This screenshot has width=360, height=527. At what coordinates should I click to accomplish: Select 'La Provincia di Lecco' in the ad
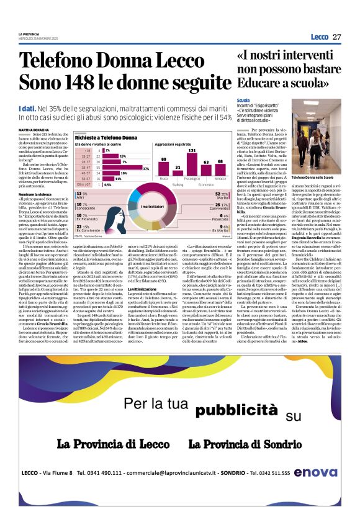pyautogui.click(x=113, y=444)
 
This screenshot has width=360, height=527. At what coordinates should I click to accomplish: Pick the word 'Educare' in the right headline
pyautogui.click(x=259, y=83)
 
